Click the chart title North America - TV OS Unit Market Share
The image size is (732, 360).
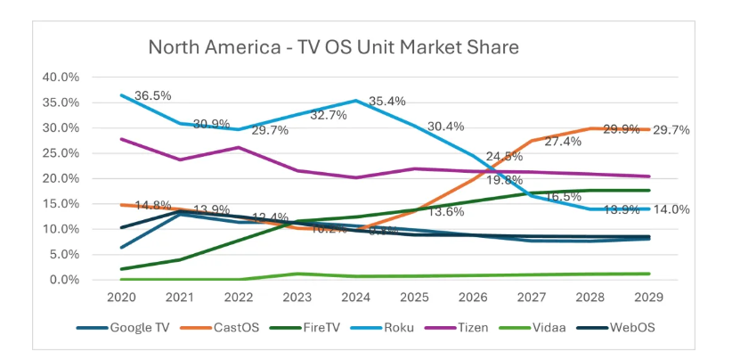333,46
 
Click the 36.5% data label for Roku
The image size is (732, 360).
152,95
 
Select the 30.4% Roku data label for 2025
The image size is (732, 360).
446,126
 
